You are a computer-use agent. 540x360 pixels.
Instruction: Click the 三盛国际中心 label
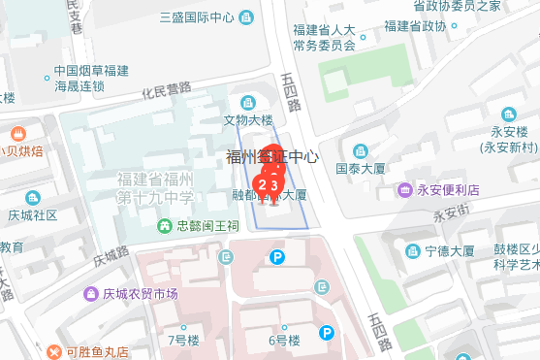coord(199,16)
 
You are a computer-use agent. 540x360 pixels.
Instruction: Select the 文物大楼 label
coord(248,121)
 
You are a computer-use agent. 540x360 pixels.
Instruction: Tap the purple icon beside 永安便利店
coord(403,189)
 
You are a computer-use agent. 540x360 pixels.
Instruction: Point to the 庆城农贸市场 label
coord(140,294)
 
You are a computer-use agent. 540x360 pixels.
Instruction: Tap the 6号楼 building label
coord(285,340)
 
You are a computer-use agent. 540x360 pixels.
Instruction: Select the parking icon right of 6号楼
coord(328,333)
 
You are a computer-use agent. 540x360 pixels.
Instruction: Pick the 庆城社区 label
coord(33,214)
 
